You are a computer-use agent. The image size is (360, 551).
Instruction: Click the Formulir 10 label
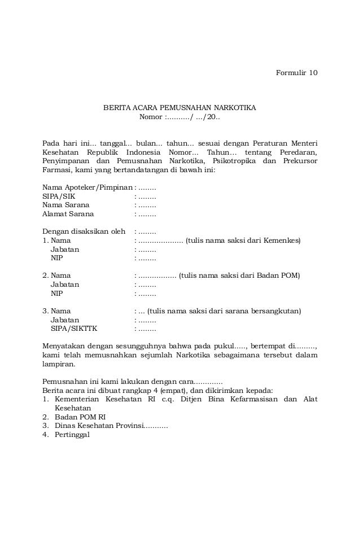(x=296, y=73)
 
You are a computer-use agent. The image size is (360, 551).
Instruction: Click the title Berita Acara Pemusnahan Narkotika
(x=179, y=108)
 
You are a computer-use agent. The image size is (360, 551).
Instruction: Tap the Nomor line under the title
(x=179, y=117)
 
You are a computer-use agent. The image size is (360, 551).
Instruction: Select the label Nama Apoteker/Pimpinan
(x=87, y=187)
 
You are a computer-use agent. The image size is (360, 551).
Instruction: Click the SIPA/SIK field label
(x=58, y=196)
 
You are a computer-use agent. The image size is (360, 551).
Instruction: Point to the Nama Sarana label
(x=65, y=205)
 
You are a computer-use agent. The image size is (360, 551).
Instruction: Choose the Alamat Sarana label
(x=68, y=214)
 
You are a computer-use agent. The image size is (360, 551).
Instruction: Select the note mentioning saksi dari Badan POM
(x=239, y=275)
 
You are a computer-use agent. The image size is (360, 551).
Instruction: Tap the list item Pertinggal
(x=72, y=435)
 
